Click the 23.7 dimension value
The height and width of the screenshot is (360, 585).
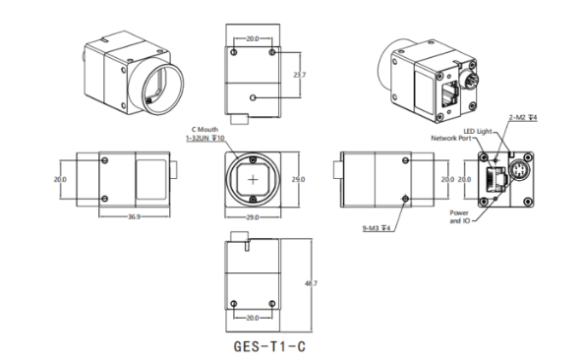click(x=299, y=75)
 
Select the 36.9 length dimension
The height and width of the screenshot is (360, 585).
click(x=134, y=216)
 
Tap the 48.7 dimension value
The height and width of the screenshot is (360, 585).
click(x=311, y=283)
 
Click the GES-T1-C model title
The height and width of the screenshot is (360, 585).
click(x=269, y=346)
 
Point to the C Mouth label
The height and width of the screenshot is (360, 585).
click(x=205, y=130)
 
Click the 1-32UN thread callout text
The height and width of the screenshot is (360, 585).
click(x=205, y=139)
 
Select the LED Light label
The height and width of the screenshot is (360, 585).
click(x=478, y=132)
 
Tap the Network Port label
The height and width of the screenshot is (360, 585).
click(x=451, y=138)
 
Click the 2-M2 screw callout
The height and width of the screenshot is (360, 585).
click(x=523, y=118)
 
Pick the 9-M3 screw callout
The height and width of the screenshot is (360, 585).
click(x=377, y=228)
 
